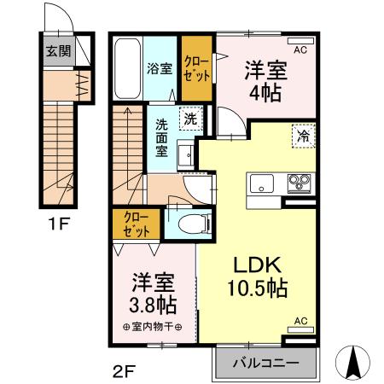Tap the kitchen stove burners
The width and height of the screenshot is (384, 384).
tap(300, 182)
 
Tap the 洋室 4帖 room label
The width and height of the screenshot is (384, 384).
tap(265, 81)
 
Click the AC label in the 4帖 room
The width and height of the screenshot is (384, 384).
tap(300, 50)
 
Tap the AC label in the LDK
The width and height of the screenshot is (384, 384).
tap(300, 321)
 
